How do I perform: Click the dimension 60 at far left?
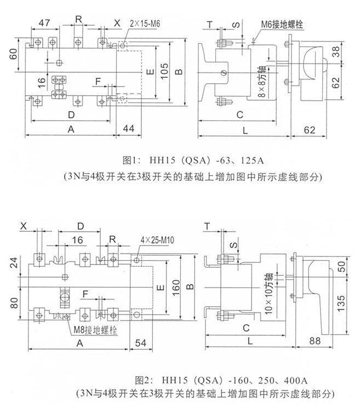click(x=12, y=55)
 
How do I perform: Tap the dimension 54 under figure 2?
click(x=140, y=343)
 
